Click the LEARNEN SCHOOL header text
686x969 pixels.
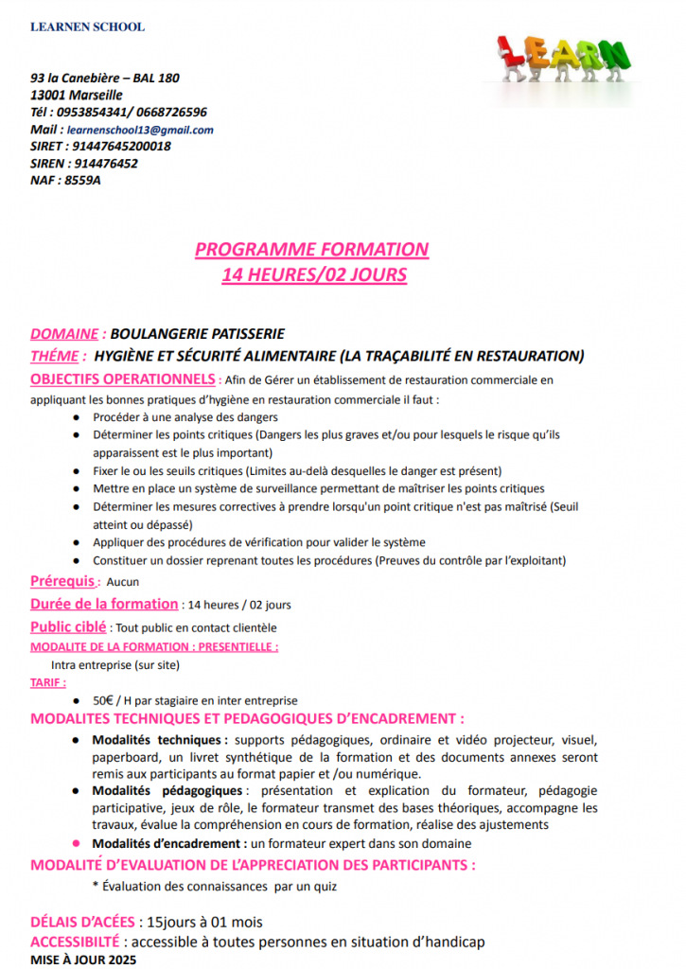coord(87,26)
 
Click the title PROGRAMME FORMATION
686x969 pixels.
coord(311,250)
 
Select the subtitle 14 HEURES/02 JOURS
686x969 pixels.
coord(314,275)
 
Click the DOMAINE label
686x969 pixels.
coord(64,333)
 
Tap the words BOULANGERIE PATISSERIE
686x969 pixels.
coord(197,333)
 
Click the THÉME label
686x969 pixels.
coord(55,356)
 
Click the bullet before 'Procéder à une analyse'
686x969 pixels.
coord(77,416)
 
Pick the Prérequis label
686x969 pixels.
coord(62,581)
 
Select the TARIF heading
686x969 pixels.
coord(48,681)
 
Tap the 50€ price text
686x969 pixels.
coord(103,701)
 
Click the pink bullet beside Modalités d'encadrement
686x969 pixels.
coord(77,843)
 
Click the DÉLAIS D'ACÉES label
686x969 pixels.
coord(82,922)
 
